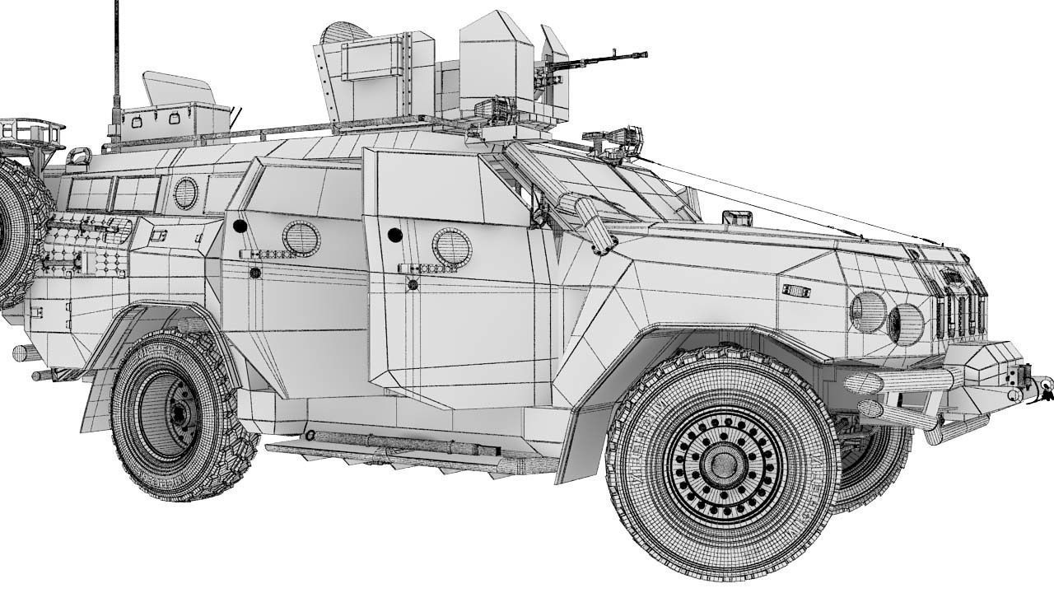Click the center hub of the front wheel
coord(723,464)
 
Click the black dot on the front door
coord(394,235)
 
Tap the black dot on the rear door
coord(240,226)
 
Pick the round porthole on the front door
coord(451,247)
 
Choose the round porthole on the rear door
coord(301,238)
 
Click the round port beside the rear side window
coord(185,194)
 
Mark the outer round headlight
coord(867,312)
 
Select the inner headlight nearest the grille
coord(905,324)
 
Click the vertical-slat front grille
coord(959,309)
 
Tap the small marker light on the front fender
coord(796,292)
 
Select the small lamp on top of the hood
coord(737,218)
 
